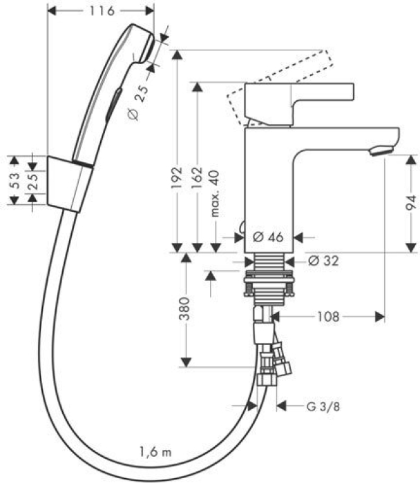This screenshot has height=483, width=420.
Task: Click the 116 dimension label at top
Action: [x=102, y=11]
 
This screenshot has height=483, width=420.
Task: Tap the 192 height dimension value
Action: [x=177, y=178]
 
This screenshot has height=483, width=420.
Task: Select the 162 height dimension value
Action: [x=198, y=178]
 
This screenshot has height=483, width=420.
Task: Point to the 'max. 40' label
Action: [x=216, y=193]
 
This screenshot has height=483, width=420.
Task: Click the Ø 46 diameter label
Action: [x=267, y=237]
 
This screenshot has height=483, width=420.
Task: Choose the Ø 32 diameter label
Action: [x=323, y=262]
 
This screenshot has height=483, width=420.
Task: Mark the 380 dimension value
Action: [x=184, y=308]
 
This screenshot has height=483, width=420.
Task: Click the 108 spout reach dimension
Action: [x=328, y=317]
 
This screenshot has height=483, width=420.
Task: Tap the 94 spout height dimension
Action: [x=411, y=203]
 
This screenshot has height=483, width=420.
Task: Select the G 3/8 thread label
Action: [x=323, y=407]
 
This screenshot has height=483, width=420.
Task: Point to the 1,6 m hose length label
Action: [x=155, y=453]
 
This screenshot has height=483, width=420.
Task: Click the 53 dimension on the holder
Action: [x=15, y=181]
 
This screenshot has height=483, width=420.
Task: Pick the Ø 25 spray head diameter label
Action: [x=137, y=102]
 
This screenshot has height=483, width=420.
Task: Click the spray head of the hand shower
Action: [x=140, y=44]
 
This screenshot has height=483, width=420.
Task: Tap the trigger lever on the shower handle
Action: [x=114, y=105]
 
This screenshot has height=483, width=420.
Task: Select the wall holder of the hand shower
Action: [x=70, y=184]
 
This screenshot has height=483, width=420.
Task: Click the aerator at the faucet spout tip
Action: [x=381, y=151]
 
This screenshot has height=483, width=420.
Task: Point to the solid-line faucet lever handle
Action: [x=299, y=104]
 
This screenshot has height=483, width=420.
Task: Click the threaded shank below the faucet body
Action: [x=269, y=262]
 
